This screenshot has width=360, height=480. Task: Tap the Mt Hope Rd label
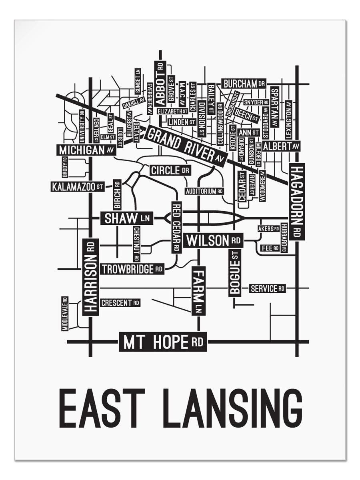click(163, 342)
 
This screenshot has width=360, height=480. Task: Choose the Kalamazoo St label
click(78, 186)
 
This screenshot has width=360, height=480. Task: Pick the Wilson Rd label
click(214, 241)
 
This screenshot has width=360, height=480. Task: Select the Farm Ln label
click(198, 291)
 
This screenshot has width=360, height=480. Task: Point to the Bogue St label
click(235, 273)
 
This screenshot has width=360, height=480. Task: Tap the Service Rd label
click(267, 288)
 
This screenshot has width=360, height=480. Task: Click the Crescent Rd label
click(120, 303)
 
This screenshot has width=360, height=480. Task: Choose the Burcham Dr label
click(244, 84)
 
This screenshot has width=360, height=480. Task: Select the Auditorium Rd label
click(204, 191)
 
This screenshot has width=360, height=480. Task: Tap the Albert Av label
click(281, 146)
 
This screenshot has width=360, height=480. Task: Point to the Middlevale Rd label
click(64, 314)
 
